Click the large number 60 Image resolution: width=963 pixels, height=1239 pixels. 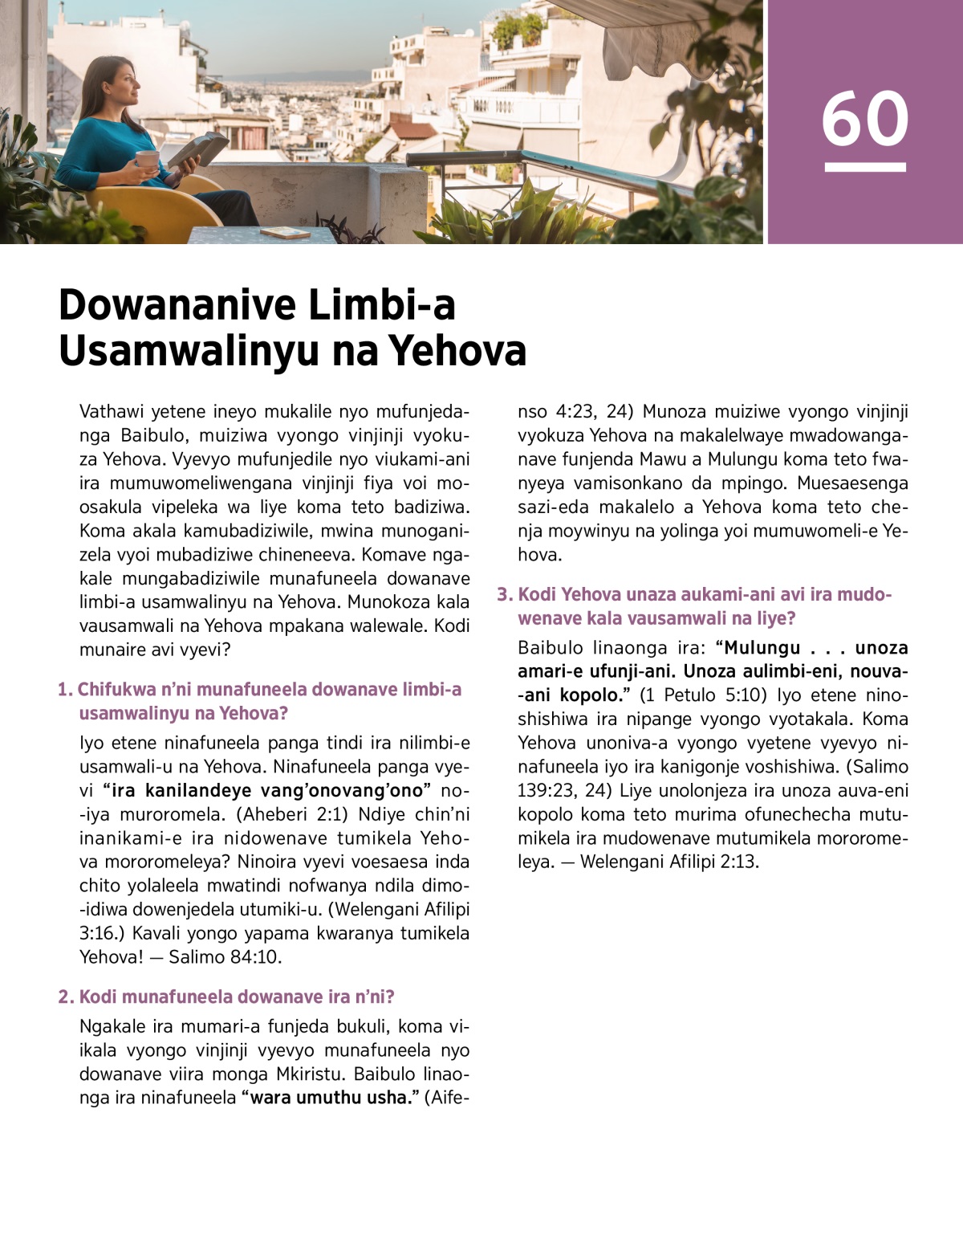tap(864, 119)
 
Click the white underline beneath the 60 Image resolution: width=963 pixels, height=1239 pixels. tap(864, 167)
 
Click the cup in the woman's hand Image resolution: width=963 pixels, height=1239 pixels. tap(147, 159)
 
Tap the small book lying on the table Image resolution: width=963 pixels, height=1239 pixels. tap(285, 232)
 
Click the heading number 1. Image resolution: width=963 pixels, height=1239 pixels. tap(65, 690)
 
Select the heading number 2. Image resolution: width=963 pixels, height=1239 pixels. tap(66, 997)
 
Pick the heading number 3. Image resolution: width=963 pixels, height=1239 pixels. tap(504, 595)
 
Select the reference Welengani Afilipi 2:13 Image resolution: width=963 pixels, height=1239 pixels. tap(669, 862)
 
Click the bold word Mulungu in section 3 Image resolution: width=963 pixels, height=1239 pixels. tap(762, 648)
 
